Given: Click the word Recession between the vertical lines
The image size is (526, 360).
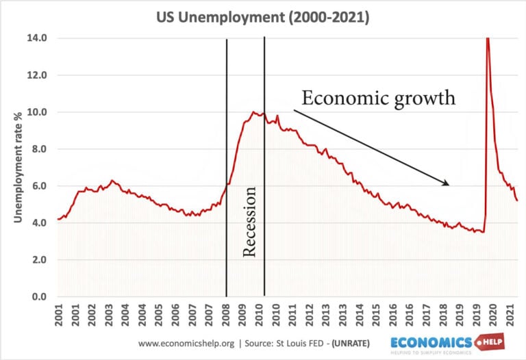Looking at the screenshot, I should click(249, 221).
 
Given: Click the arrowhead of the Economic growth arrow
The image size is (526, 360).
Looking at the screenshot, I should click(447, 183).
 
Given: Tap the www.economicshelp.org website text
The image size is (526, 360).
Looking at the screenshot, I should click(181, 343).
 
